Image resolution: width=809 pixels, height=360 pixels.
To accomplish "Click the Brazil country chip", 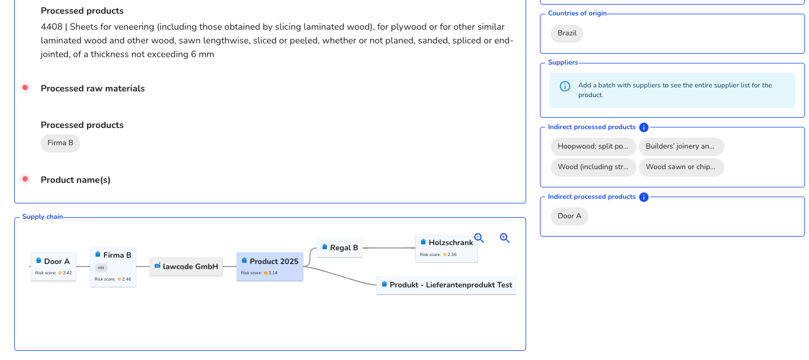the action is [x=567, y=34].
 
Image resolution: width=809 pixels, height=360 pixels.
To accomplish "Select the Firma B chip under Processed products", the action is [x=61, y=143].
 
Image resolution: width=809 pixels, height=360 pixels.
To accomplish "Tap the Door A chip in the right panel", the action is [x=569, y=217].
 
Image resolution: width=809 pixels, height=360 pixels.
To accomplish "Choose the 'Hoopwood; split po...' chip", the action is [x=593, y=147].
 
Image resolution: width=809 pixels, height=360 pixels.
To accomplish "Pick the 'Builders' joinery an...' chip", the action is [x=681, y=147].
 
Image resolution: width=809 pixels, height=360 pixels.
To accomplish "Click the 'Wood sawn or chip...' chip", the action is [x=681, y=167].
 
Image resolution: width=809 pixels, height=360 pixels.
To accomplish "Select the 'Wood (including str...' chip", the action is [x=593, y=167].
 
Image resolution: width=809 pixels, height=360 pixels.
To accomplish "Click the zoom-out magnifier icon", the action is [x=479, y=238].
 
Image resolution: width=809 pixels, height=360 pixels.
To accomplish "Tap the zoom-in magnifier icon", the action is [x=504, y=238].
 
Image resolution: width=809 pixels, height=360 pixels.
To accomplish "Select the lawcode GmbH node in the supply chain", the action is [x=186, y=266].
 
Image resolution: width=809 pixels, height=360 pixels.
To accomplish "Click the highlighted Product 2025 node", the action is [x=270, y=266].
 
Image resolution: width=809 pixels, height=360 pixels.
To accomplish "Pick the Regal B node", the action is [x=340, y=247].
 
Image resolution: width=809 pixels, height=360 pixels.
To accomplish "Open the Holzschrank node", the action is [x=446, y=248].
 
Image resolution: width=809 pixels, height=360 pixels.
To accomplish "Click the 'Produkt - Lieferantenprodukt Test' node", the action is [x=446, y=285].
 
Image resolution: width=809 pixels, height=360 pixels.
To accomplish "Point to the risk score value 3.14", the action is [x=273, y=273].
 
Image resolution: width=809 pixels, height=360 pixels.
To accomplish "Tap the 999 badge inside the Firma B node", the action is [x=101, y=268].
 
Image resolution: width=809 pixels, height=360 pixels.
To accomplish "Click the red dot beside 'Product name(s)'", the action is [x=25, y=179].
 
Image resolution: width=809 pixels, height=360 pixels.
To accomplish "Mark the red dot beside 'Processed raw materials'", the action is [x=25, y=88].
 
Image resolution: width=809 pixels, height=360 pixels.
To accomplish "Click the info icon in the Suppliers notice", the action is [x=565, y=86].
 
